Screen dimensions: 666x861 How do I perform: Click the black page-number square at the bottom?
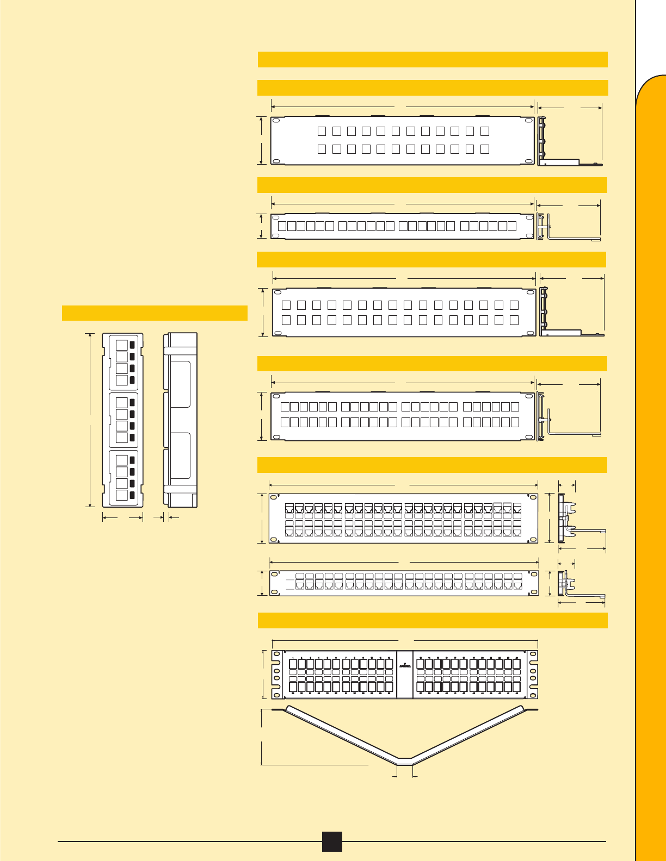click(331, 841)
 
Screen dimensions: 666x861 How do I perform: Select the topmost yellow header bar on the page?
click(432, 59)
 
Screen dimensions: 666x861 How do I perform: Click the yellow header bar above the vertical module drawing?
click(155, 313)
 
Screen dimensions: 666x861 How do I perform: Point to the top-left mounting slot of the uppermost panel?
click(276, 121)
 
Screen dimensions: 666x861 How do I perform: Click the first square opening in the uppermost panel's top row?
click(322, 131)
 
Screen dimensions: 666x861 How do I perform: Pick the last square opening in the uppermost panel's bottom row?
click(485, 148)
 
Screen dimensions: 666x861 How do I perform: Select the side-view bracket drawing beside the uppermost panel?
click(566, 141)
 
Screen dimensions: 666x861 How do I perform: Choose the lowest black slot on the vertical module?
click(132, 495)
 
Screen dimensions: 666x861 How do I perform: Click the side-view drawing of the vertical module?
click(181, 420)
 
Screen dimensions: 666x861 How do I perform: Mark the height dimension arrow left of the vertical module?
click(90, 420)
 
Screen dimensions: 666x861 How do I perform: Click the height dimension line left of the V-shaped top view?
click(262, 737)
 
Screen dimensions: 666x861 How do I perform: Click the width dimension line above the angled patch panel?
click(404, 640)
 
